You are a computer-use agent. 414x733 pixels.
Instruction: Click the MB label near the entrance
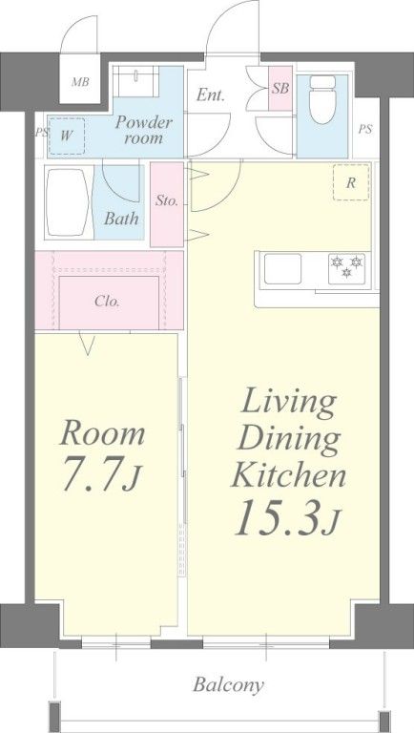[81, 82]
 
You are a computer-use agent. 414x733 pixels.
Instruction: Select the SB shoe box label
[279, 89]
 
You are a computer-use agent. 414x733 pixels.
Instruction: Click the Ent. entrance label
[211, 94]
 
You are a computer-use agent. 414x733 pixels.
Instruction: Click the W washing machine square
[67, 135]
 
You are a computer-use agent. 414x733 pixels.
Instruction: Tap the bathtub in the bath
[68, 202]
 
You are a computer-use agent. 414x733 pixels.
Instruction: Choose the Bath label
[121, 219]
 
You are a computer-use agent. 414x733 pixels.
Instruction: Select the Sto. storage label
[166, 202]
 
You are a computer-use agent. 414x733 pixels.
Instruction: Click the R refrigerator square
[350, 183]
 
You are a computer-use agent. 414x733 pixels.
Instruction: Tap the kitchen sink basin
[283, 269]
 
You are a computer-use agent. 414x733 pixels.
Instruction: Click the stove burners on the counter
[345, 267]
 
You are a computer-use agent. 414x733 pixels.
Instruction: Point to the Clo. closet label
[107, 301]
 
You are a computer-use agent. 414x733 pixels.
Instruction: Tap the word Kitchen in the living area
[287, 474]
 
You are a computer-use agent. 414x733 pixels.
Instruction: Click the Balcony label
[228, 684]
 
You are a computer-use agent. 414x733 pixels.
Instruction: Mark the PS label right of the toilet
[365, 129]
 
